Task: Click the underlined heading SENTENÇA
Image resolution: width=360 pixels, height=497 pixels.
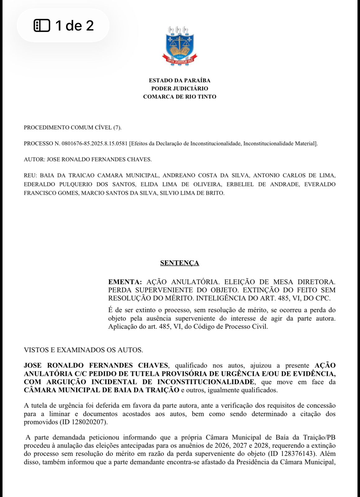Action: point(179,263)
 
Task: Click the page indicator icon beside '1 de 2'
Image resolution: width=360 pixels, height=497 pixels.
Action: point(42,25)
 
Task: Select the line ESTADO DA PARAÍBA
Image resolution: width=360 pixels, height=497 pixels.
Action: point(179,80)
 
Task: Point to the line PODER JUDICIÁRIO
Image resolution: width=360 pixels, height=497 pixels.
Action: point(179,89)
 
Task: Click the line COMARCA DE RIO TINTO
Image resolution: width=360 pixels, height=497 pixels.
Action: point(179,97)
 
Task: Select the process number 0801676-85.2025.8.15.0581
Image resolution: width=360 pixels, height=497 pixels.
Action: point(95,144)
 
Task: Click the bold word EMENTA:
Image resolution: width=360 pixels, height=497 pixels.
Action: point(125,282)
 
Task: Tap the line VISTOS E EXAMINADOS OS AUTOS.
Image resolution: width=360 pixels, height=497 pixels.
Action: point(83,350)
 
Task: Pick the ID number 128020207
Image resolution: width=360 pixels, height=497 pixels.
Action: point(89,422)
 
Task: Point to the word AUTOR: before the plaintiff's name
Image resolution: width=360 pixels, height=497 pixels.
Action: point(34,160)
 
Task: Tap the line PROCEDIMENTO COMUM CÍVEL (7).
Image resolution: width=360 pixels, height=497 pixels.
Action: point(72,127)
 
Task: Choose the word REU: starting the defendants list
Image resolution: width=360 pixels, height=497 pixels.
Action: point(30,176)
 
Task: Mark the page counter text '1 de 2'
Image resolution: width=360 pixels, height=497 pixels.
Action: point(75,25)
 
